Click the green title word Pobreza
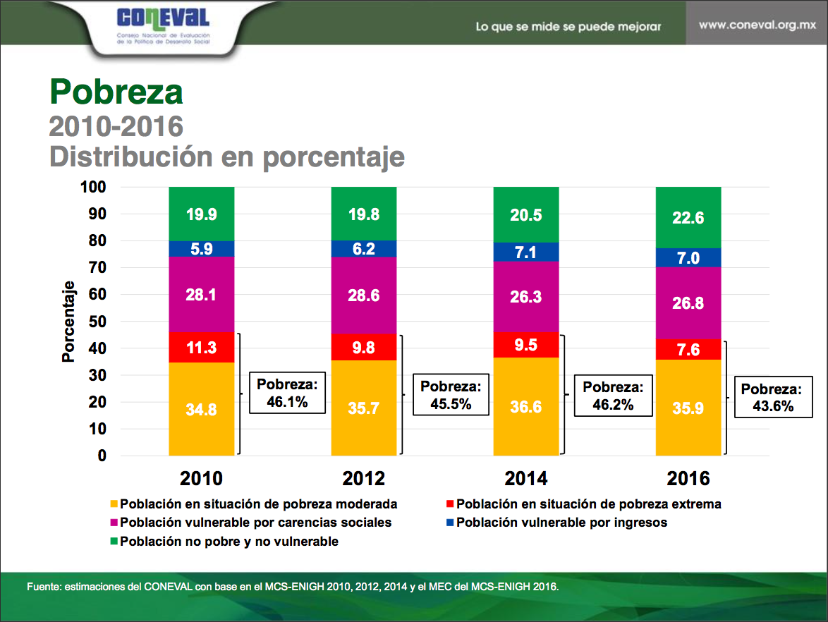116,91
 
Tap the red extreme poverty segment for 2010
202,348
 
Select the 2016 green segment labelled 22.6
688,218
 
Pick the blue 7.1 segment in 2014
526,252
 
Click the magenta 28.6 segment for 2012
364,295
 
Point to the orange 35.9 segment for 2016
688,408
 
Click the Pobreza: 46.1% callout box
287,393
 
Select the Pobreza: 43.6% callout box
772,397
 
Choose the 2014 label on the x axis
526,479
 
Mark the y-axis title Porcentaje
68,322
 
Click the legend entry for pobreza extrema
588,504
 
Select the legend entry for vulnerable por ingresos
561,523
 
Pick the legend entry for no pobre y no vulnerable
229,542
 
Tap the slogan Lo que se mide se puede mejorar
568,27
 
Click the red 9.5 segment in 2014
526,345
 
